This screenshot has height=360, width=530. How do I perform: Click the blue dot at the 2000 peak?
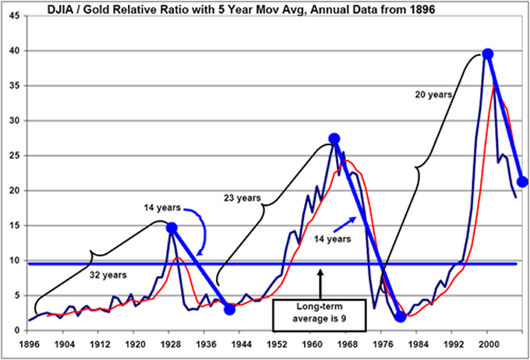coord(488,54)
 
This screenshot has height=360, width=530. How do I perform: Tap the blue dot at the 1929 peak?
coord(171,228)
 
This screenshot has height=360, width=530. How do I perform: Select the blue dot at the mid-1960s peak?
coord(334,139)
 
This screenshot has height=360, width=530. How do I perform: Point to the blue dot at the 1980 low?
coord(401,316)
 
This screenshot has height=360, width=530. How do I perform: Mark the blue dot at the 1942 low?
coord(229,309)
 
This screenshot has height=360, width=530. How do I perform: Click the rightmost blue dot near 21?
coord(522,182)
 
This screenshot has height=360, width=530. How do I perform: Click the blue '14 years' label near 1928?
coord(163,208)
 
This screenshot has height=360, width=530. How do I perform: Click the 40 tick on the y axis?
coord(16,51)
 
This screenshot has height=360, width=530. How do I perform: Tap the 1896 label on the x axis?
coord(29,343)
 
